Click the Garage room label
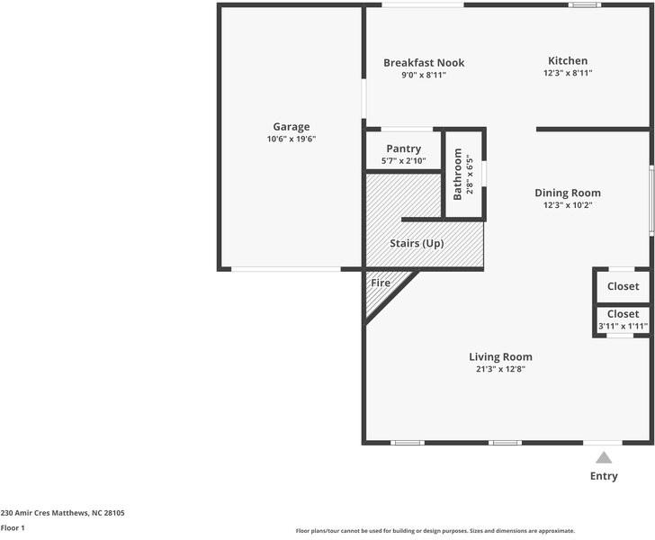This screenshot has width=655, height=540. coord(292,127)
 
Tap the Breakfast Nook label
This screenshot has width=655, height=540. coord(424,62)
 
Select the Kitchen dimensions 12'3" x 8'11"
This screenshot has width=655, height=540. coord(568,73)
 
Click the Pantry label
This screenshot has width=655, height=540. coord(404,148)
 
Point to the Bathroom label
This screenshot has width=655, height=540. coord(458,174)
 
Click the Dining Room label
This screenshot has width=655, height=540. coord(568,193)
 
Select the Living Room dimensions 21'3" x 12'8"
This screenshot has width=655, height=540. coord(500,369)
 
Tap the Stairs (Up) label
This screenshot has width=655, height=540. coord(417,244)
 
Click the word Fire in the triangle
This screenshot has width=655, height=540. coord(381,283)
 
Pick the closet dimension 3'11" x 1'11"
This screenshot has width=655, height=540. coord(623,326)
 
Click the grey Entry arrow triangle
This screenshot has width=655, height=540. coord(604,457)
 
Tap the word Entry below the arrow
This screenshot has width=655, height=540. coord(604,476)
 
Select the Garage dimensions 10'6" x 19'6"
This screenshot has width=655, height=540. coord(292,139)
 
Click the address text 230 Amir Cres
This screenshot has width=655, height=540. coord(62,513)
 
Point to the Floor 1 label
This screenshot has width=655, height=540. coord(13,528)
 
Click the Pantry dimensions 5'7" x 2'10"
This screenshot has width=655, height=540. coord(404,161)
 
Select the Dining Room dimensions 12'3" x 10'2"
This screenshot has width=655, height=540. coord(568,204)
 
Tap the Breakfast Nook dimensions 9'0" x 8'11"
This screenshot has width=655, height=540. coord(424,75)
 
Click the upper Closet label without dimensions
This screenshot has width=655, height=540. coord(623,286)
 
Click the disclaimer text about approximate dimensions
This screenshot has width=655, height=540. coord(435,531)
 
